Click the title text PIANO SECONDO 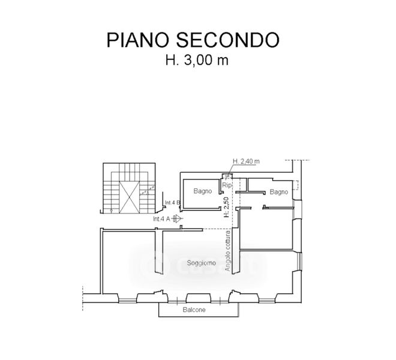(193, 40)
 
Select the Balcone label (194, 310)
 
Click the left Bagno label (203, 191)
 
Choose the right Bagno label (279, 191)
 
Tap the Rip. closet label (227, 185)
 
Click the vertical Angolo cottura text (228, 253)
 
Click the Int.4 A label (161, 219)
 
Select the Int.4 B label (173, 203)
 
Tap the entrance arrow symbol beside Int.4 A (176, 219)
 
